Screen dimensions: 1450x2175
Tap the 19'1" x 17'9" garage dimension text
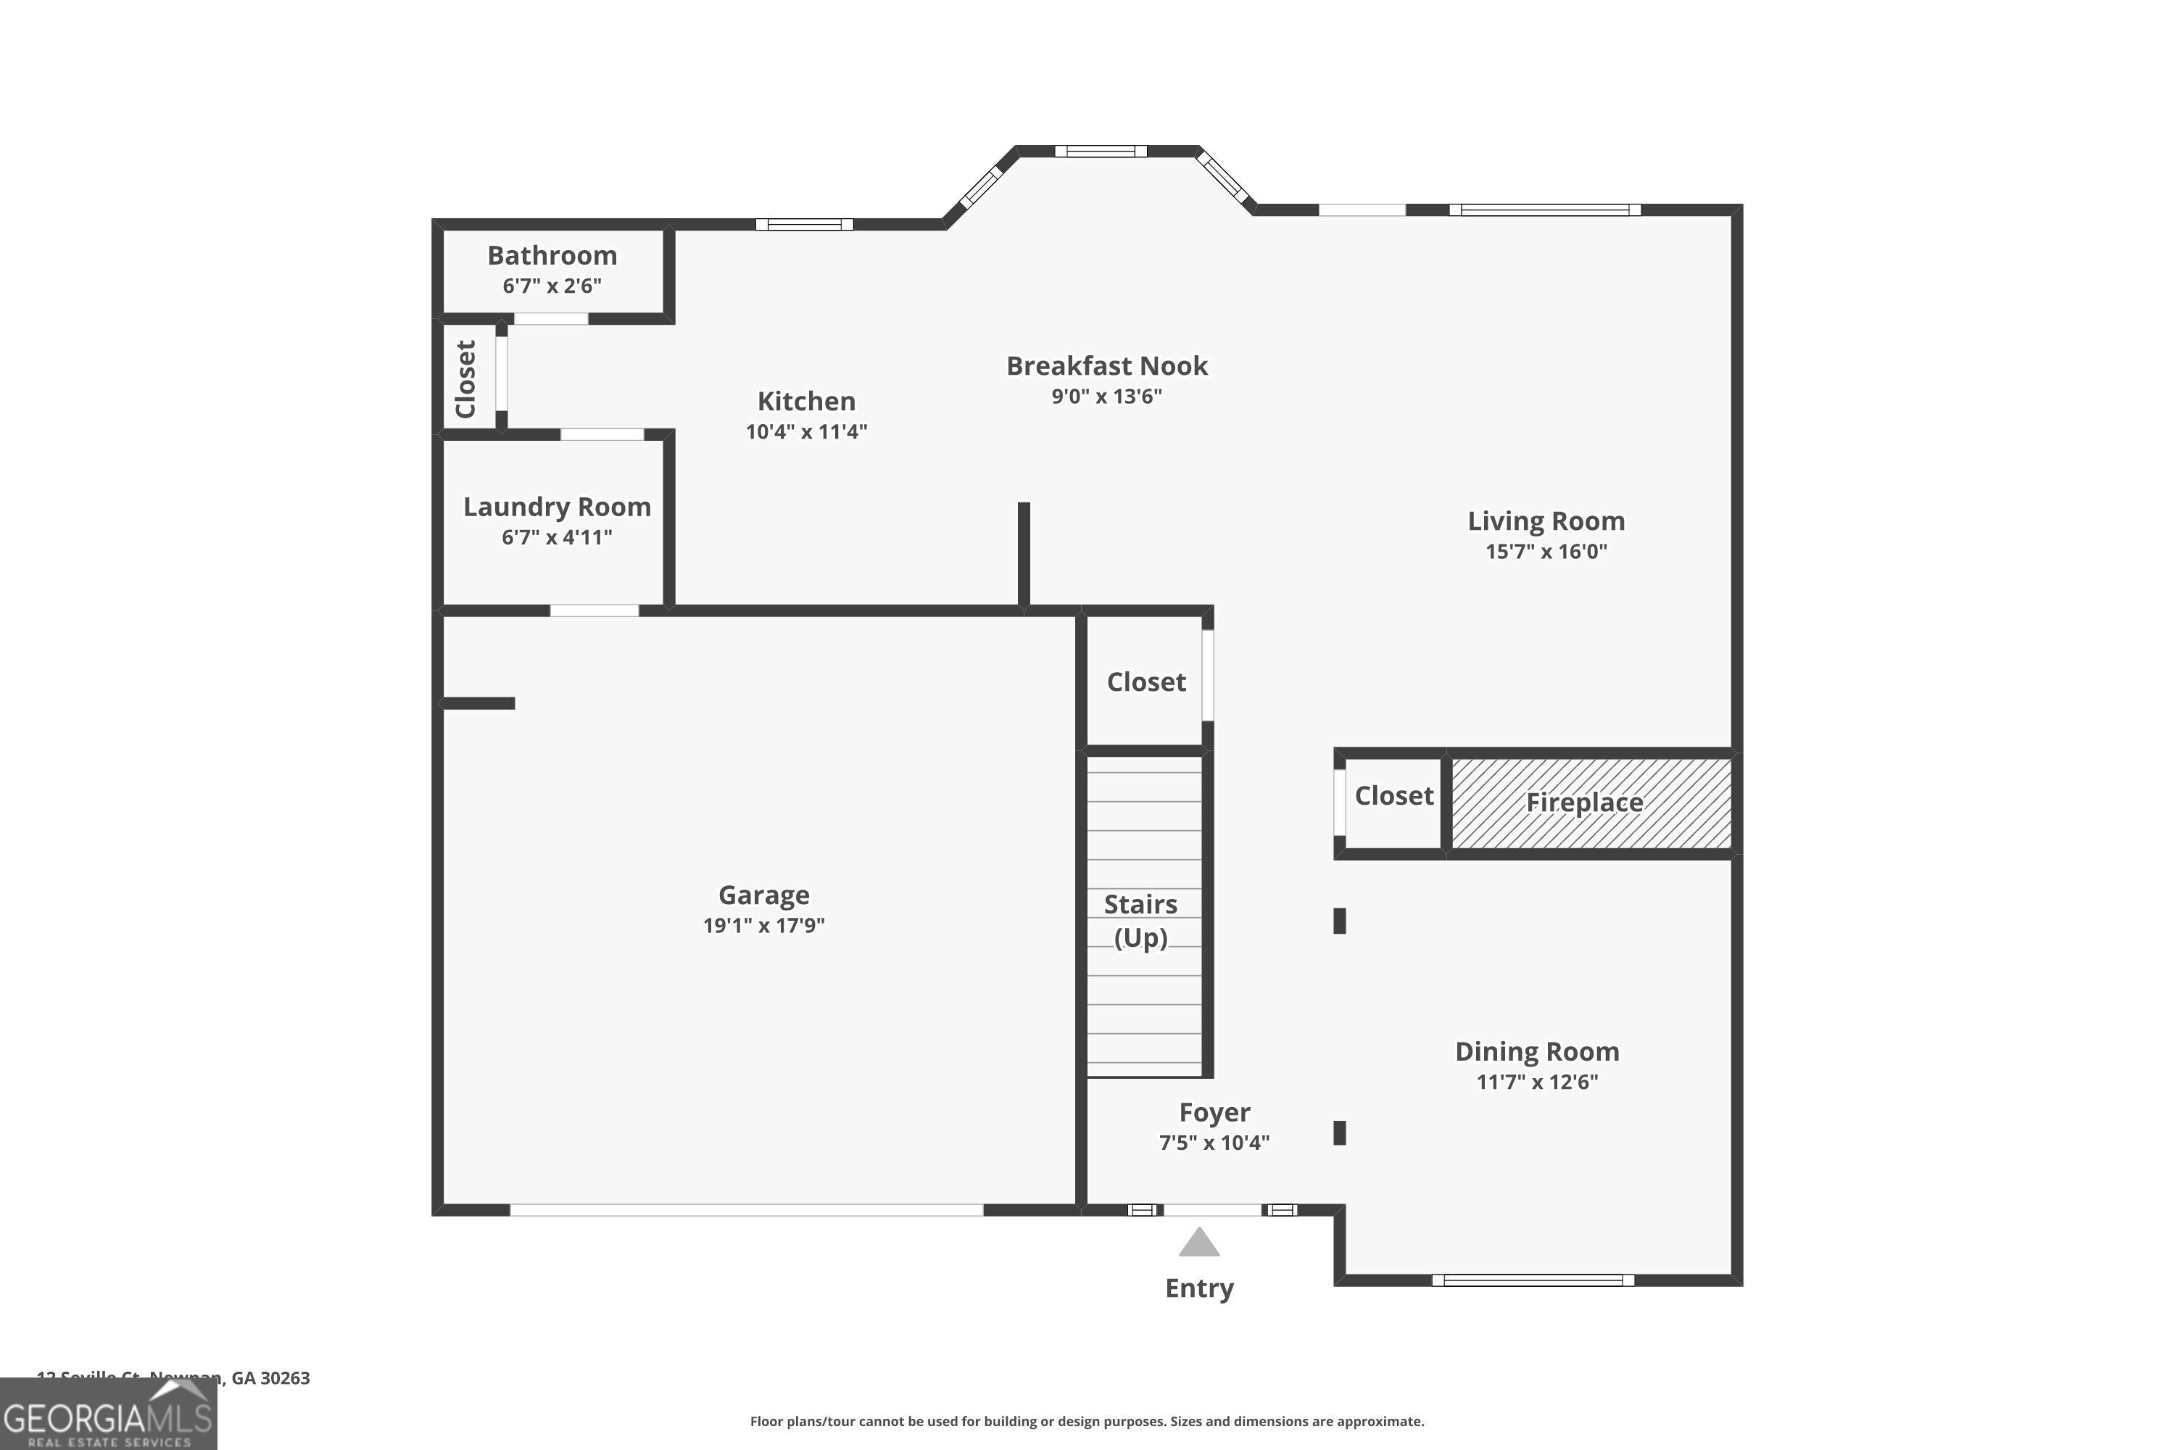pos(764,925)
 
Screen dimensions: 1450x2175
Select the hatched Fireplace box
pos(1591,803)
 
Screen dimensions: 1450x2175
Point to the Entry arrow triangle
pos(1199,1243)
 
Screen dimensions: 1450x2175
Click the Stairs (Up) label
pos(1140,920)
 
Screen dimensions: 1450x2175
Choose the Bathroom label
pos(552,255)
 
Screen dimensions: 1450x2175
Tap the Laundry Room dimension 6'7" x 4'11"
pos(557,537)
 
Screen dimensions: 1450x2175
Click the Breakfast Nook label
pos(1107,366)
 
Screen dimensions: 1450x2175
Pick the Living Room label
pos(1546,521)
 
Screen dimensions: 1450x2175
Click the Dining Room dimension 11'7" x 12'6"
pos(1537,1082)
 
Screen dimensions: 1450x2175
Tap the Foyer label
pos(1214,1112)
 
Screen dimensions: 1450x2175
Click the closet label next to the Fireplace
pos(1393,796)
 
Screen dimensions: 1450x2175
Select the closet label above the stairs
pos(1145,682)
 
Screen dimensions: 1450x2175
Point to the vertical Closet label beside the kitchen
pos(466,378)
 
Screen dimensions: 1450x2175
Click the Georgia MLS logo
pos(108,1415)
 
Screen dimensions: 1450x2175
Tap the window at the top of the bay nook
pos(1101,152)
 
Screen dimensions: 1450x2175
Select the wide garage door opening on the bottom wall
pos(746,1209)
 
